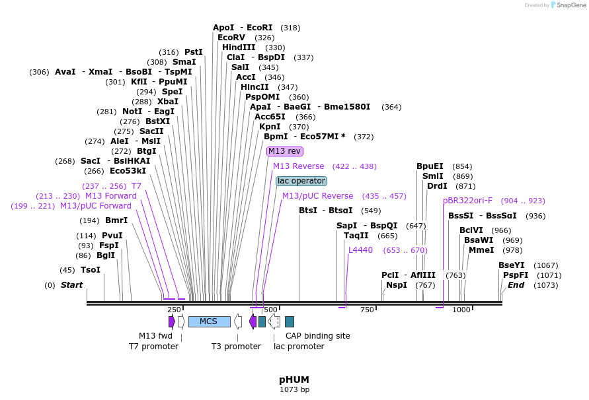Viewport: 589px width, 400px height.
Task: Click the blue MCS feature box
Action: coord(209,321)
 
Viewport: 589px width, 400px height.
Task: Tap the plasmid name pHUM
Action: coord(294,380)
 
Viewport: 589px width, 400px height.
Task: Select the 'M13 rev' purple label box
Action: coord(285,151)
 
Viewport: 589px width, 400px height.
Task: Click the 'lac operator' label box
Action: coord(301,181)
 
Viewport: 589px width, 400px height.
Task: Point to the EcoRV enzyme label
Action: coord(231,38)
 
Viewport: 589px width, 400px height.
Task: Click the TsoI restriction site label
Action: coord(91,270)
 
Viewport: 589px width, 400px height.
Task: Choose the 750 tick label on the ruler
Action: coord(366,310)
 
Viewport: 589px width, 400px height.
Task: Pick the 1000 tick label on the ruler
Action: coord(461,310)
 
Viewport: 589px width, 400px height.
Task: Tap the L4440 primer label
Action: coord(360,250)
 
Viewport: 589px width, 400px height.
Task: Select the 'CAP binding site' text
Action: coord(317,336)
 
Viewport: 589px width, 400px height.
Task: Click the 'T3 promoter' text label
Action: coord(236,347)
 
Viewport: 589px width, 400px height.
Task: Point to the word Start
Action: coord(72,285)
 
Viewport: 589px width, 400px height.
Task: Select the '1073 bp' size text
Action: coord(294,390)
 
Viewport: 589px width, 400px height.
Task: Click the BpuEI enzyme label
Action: coord(430,166)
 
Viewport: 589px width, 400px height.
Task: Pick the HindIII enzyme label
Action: coord(239,48)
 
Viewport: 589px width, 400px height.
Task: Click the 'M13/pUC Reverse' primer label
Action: coord(317,196)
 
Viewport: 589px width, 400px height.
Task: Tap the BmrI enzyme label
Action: coord(116,220)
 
